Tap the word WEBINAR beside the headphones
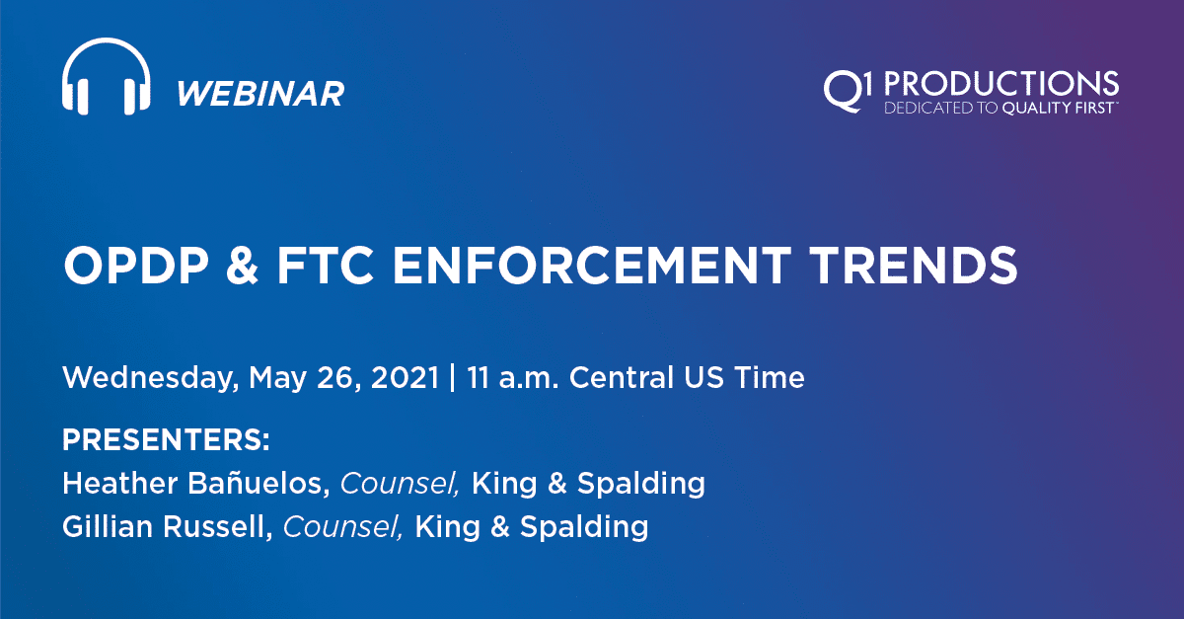(x=260, y=94)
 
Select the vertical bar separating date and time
(x=452, y=378)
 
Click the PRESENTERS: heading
(x=166, y=439)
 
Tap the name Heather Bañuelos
(x=197, y=484)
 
